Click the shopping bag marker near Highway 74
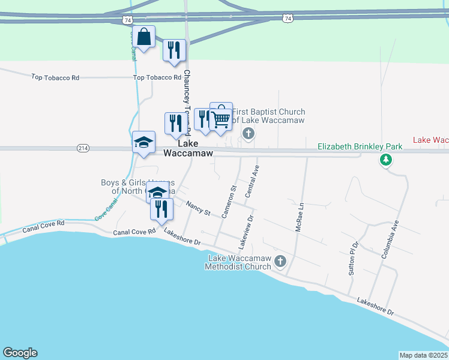(144, 37)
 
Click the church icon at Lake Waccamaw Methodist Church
(280, 261)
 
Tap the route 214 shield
(83, 148)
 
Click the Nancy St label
(198, 209)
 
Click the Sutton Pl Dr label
(354, 259)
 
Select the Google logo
(20, 353)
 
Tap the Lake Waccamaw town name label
(187, 148)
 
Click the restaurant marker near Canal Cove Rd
(161, 209)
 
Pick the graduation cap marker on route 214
(143, 143)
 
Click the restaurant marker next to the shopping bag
(174, 50)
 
